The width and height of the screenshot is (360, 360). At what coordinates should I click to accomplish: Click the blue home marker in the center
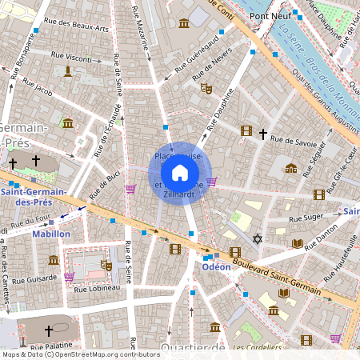(x=180, y=172)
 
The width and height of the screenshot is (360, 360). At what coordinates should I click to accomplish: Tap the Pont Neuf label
(x=269, y=15)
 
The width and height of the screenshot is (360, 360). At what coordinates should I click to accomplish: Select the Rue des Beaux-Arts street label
(x=77, y=26)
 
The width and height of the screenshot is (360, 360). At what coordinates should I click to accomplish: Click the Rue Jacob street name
(x=37, y=88)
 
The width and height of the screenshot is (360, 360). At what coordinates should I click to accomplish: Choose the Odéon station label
(x=216, y=266)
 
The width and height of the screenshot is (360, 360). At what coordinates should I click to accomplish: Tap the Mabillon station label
(x=51, y=234)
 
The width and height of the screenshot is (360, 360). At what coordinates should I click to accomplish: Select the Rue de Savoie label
(x=295, y=140)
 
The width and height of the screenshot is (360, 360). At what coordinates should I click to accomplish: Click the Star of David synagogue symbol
(x=257, y=238)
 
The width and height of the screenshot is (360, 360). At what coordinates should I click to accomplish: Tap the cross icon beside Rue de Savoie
(x=262, y=134)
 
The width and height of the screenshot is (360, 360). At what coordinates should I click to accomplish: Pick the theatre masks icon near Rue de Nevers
(x=206, y=89)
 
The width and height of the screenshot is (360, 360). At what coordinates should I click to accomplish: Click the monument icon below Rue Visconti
(x=68, y=72)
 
